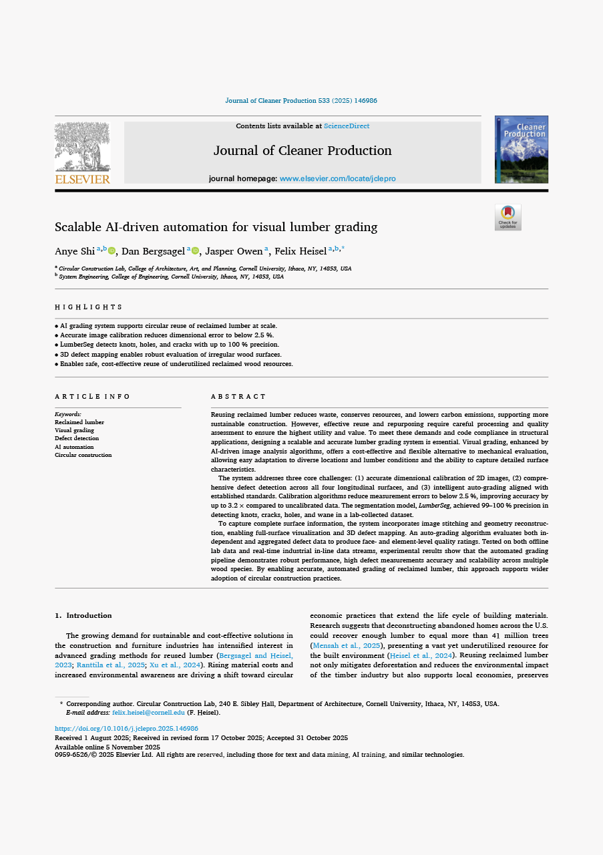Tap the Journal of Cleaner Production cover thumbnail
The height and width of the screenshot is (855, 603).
pyautogui.click(x=521, y=150)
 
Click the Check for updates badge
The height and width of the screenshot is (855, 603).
pyautogui.click(x=508, y=217)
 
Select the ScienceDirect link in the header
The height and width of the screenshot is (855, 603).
pyautogui.click(x=346, y=126)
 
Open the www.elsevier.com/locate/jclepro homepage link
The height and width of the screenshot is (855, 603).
pyautogui.click(x=337, y=178)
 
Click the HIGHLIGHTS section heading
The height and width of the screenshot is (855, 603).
pyautogui.click(x=89, y=307)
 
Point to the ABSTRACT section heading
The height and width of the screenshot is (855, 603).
pyautogui.click(x=238, y=396)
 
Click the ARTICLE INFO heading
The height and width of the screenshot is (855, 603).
pyautogui.click(x=93, y=396)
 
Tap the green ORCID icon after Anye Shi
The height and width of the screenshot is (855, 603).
pyautogui.click(x=112, y=251)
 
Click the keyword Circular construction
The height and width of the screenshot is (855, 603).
pyautogui.click(x=83, y=455)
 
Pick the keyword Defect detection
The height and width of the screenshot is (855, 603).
pyautogui.click(x=77, y=438)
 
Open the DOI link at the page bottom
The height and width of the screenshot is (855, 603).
pyautogui.click(x=126, y=728)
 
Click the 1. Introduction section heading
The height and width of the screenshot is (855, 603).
pyautogui.click(x=83, y=615)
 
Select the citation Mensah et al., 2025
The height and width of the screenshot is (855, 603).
pyautogui.click(x=347, y=646)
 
